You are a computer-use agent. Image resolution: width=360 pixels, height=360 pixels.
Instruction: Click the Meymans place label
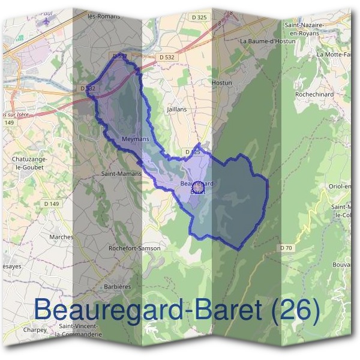pyautogui.click(x=135, y=139)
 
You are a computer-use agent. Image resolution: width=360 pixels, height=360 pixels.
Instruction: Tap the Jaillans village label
pyautogui.click(x=177, y=110)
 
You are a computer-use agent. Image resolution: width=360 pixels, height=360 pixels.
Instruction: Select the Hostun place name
pyautogui.click(x=222, y=82)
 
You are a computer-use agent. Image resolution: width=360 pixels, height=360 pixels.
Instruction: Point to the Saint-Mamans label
pyautogui.click(x=121, y=173)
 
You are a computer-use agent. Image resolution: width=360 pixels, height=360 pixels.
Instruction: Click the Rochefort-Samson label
pyautogui.click(x=134, y=248)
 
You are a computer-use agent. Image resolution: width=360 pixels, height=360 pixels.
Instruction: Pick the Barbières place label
pyautogui.click(x=118, y=287)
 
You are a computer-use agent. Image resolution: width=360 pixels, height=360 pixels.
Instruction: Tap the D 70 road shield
pyautogui.click(x=286, y=248)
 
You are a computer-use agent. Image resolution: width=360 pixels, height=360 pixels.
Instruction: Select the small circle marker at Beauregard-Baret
pyautogui.click(x=199, y=188)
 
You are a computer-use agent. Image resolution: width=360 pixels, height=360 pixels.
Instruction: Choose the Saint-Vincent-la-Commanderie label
pyautogui.click(x=80, y=331)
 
